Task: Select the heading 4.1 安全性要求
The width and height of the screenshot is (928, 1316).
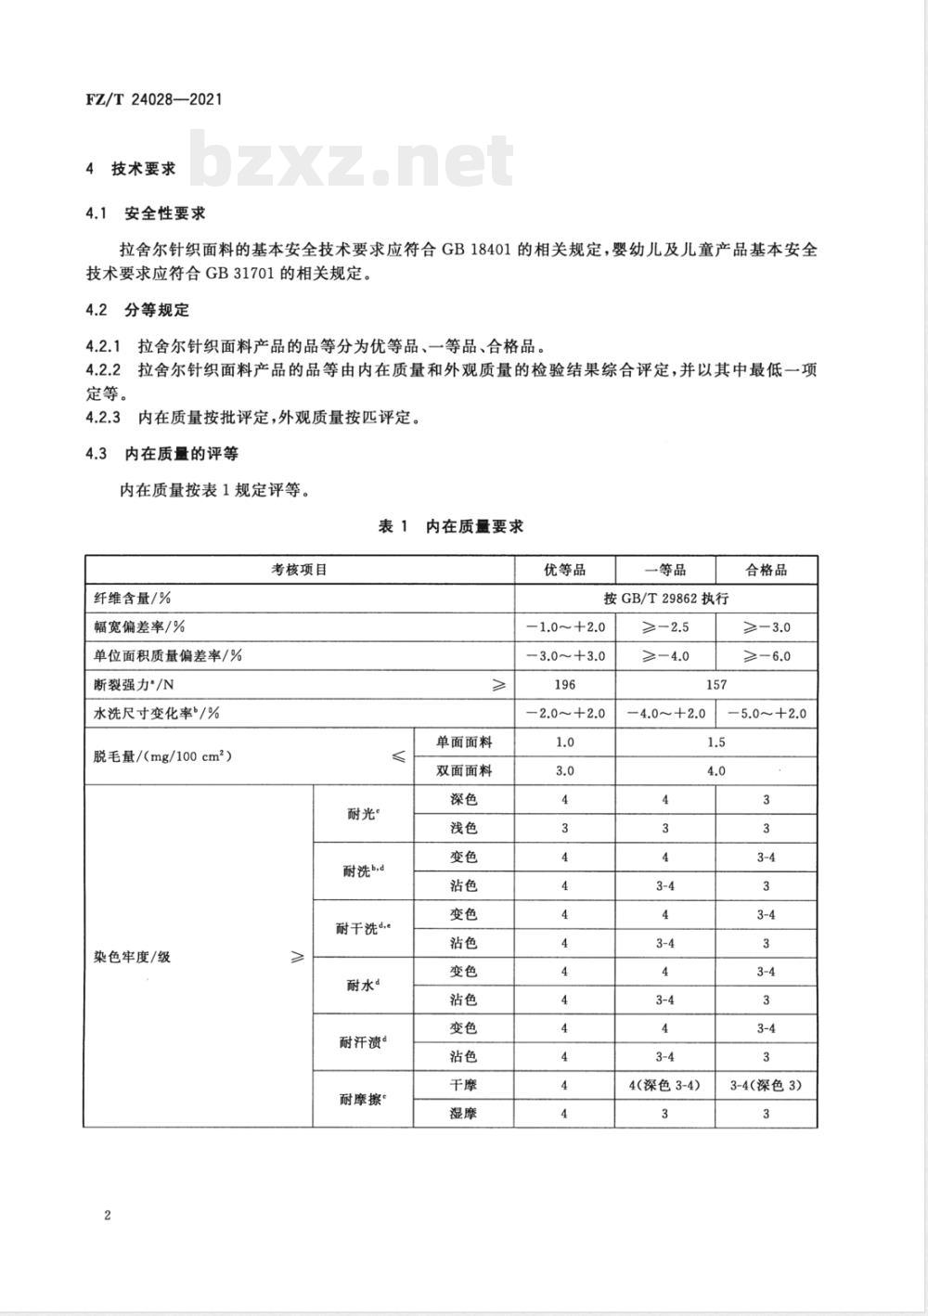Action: point(145,213)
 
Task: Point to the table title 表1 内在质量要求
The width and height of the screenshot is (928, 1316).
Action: point(451,526)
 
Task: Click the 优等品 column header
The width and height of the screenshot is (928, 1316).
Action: point(564,570)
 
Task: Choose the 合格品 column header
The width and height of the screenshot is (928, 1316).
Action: point(767,570)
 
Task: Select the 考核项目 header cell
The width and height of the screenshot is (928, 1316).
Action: point(299,570)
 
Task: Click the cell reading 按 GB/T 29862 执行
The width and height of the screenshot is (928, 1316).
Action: point(665,599)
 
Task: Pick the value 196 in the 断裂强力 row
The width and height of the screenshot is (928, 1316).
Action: point(564,685)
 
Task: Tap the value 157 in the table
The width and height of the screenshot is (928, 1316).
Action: point(715,685)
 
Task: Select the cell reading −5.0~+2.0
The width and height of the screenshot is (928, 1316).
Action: point(767,714)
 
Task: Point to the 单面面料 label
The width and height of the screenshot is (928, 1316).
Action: point(463,742)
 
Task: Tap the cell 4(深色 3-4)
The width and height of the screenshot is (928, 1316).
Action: point(665,1085)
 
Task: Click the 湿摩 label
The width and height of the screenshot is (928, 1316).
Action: point(463,1114)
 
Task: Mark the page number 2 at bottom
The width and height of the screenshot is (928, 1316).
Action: point(108,1216)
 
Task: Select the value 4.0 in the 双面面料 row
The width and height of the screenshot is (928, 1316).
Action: point(715,771)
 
